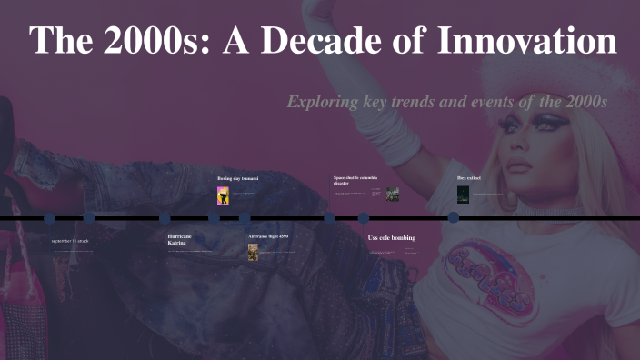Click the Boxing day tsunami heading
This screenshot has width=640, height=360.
click(237, 178)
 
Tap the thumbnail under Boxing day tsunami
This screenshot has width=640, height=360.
click(223, 195)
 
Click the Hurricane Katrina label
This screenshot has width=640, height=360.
click(179, 239)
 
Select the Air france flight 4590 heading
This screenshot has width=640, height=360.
click(268, 236)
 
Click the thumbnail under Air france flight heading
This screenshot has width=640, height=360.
click(254, 252)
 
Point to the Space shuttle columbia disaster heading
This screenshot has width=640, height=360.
click(355, 180)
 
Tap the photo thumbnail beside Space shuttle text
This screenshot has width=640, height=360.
click(393, 194)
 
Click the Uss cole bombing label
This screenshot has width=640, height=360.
click(391, 238)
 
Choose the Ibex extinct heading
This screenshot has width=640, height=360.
click(468, 178)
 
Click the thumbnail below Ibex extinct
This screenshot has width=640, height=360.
click(463, 195)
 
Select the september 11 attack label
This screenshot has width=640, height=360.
click(70, 241)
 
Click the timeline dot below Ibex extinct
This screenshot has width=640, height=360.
click(453, 217)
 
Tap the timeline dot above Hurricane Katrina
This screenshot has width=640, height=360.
click(165, 218)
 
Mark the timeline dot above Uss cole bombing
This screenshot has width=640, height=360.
click(364, 218)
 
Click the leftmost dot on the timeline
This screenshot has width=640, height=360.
click(50, 218)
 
